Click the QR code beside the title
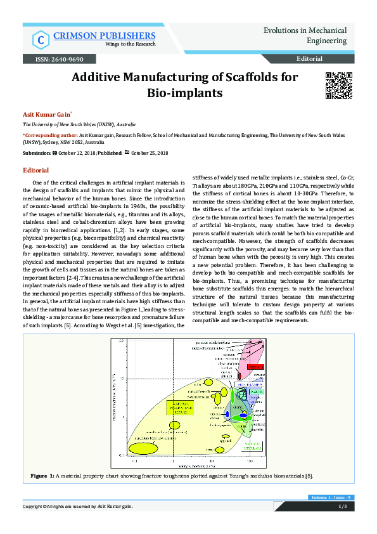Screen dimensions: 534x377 338,86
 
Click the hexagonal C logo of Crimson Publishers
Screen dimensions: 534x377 41,41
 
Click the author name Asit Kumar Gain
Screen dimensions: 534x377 42,115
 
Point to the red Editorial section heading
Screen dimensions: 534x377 35,171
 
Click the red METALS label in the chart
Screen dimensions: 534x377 255,367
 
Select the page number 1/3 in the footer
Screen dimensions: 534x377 342,506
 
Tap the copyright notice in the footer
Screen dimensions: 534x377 78,506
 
